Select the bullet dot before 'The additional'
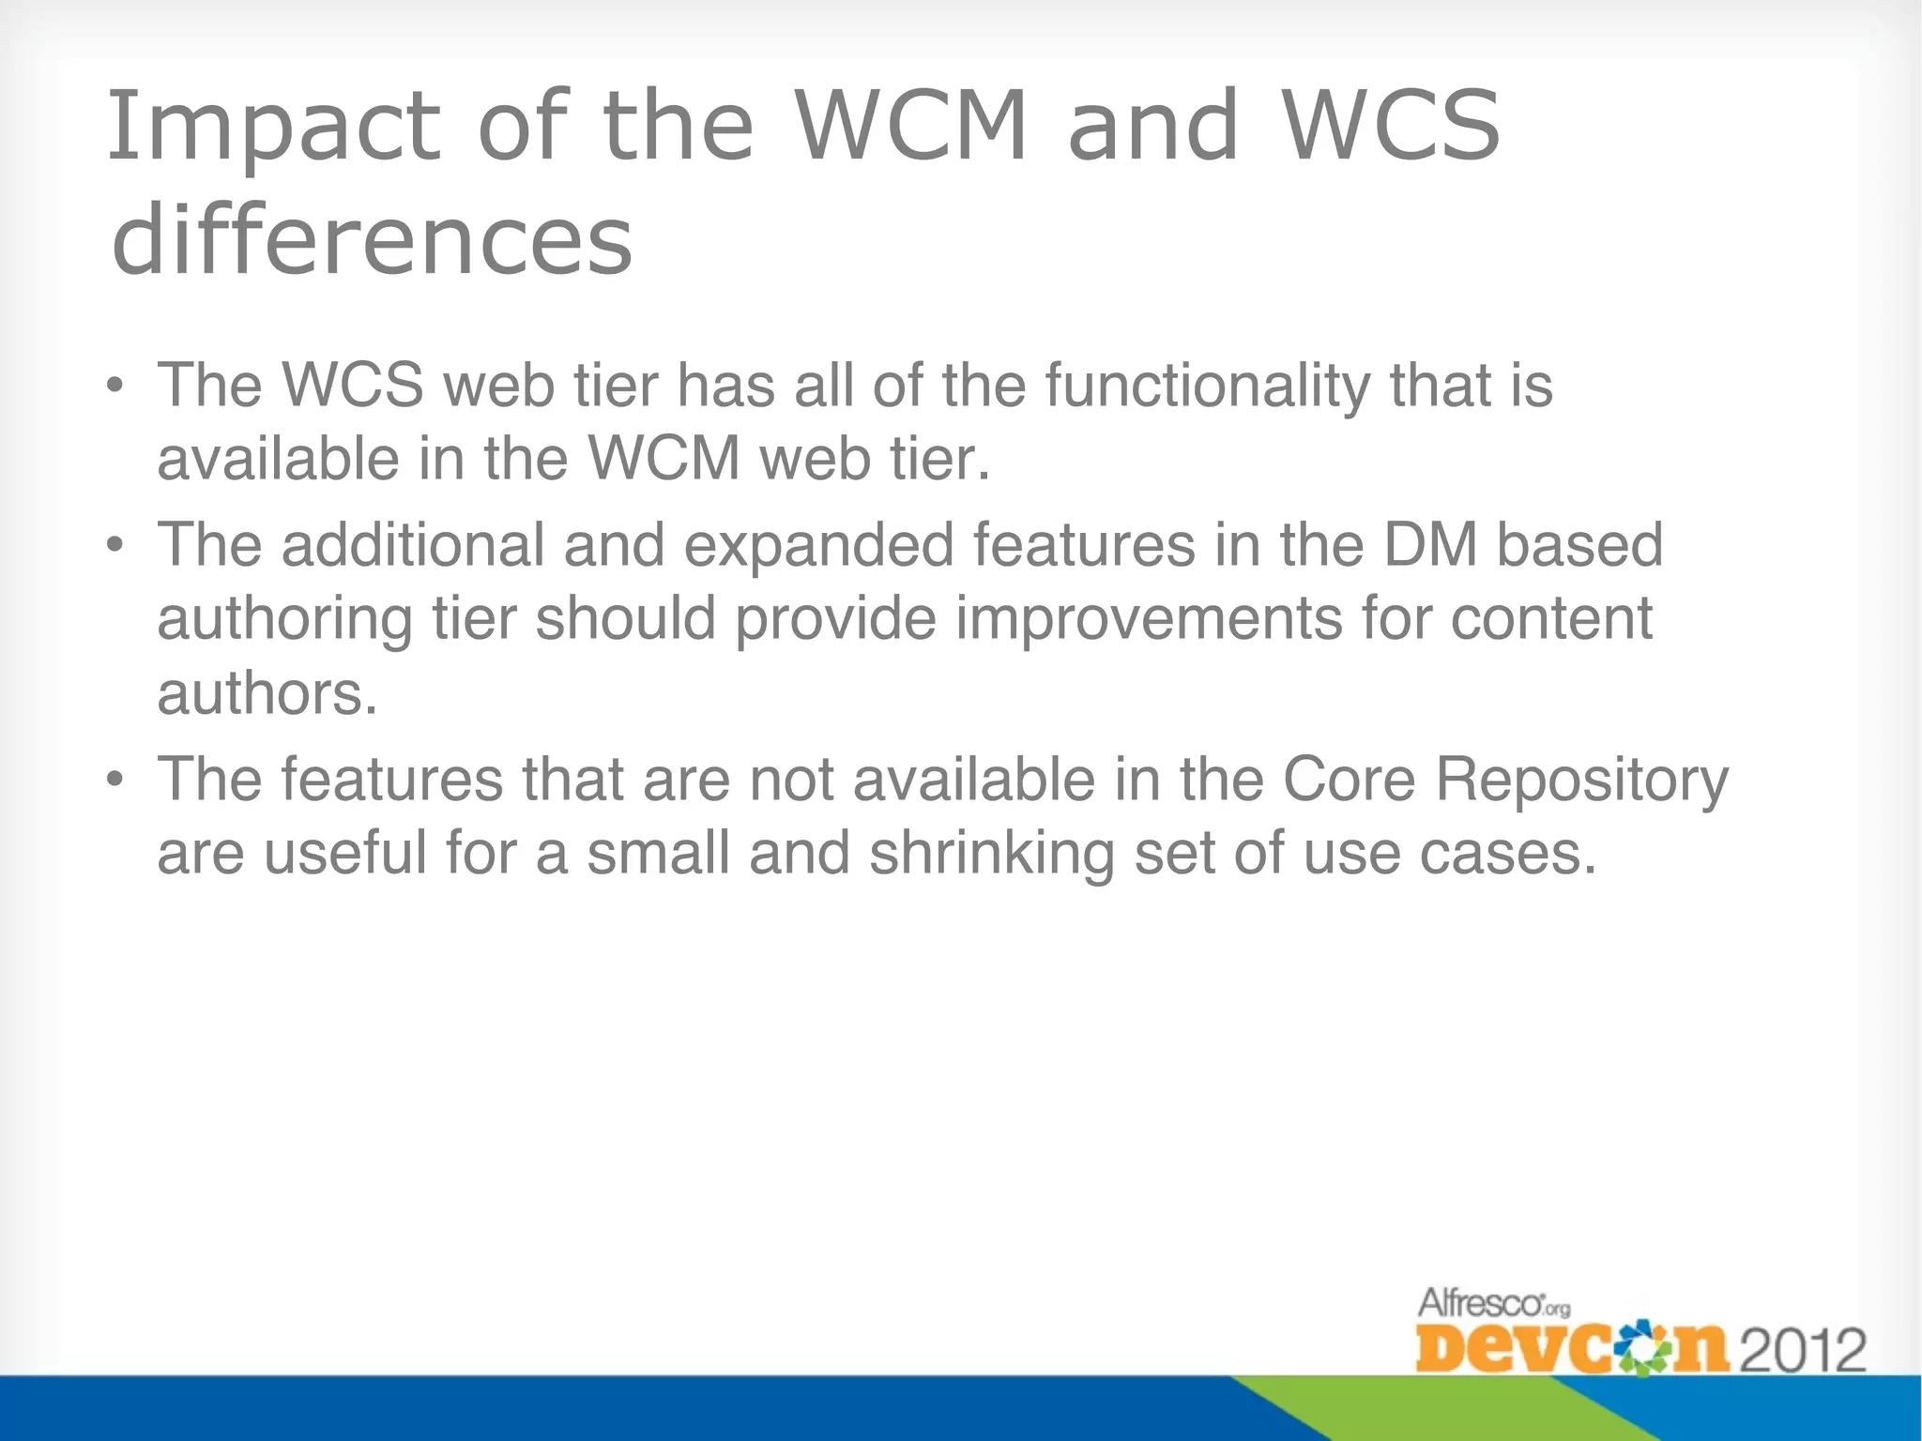pyautogui.click(x=114, y=545)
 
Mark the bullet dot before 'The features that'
pyautogui.click(x=114, y=780)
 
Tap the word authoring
pyautogui.click(x=284, y=619)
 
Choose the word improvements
pyautogui.click(x=1149, y=619)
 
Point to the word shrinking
pyautogui.click(x=991, y=855)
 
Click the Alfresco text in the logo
pyautogui.click(x=1482, y=1303)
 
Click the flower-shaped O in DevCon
pyautogui.click(x=1639, y=1349)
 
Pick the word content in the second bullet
pyautogui.click(x=1551, y=619)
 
